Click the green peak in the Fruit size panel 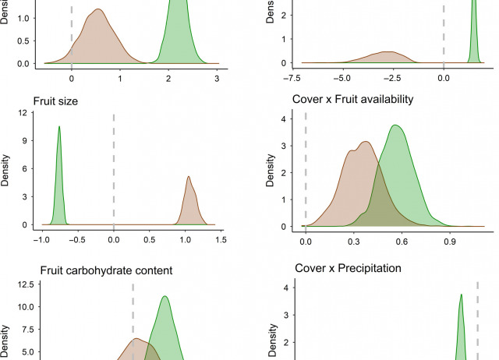click(58, 128)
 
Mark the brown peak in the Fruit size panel click(189, 178)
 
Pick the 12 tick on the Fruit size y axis click(24, 114)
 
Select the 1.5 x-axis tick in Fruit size click(220, 240)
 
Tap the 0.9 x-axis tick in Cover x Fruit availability click(449, 242)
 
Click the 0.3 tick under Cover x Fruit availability click(353, 242)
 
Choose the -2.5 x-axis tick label click(393, 78)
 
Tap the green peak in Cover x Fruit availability click(396, 126)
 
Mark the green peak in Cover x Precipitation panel click(462, 295)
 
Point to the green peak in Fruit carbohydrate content click(165, 297)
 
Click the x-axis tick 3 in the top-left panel click(217, 77)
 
